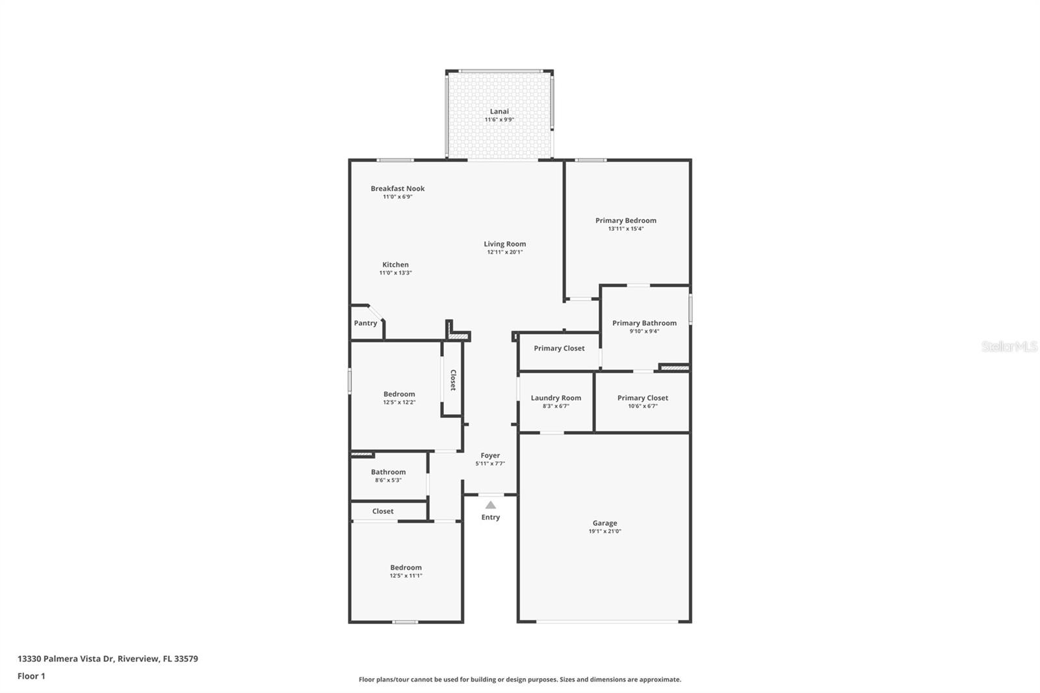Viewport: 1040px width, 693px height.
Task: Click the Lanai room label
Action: [x=499, y=111]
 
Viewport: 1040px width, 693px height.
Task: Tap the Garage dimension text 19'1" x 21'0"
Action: [x=604, y=531]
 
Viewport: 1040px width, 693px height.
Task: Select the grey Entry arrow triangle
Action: [x=491, y=505]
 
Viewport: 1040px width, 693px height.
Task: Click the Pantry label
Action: [x=365, y=323]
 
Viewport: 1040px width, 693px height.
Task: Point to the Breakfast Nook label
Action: [x=398, y=189]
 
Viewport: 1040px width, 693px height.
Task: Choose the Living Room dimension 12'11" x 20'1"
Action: [x=504, y=252]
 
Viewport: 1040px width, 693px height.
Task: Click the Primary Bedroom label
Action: [x=625, y=220]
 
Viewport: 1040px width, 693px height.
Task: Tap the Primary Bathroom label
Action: [x=644, y=323]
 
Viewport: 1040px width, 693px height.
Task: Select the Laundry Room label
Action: [x=556, y=398]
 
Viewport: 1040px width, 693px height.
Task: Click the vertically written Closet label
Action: [x=453, y=380]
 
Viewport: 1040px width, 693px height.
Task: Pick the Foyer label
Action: [x=490, y=456]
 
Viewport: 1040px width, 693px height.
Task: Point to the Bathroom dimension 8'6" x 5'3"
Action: [x=388, y=480]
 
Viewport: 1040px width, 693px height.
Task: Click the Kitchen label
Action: [x=395, y=265]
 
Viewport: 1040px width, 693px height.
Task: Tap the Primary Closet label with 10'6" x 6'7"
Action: [x=642, y=398]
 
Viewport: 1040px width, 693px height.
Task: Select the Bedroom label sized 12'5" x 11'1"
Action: [x=406, y=568]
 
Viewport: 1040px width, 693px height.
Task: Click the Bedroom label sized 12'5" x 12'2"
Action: [x=399, y=394]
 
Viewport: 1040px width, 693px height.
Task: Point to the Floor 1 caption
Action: [x=31, y=676]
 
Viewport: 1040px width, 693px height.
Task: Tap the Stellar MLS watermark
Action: [x=1009, y=347]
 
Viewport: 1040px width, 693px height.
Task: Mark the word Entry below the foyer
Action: [x=491, y=517]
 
